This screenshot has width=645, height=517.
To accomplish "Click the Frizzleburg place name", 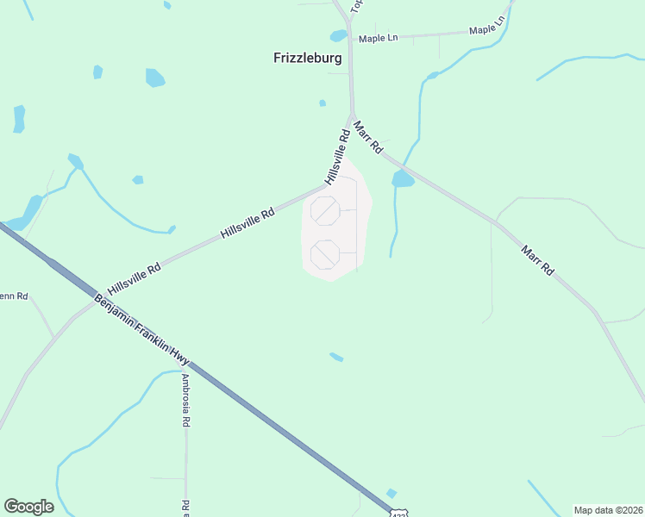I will (307, 59).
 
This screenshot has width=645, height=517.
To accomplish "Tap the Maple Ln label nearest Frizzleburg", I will (379, 38).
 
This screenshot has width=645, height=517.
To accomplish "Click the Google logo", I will (28, 507).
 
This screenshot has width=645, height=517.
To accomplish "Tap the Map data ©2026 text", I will (608, 510).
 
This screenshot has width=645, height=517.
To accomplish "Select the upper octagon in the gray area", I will (325, 210).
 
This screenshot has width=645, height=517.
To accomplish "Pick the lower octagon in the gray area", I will (325, 254).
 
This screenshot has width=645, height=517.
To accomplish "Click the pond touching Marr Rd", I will (403, 179).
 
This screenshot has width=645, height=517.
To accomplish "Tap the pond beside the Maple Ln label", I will (338, 36).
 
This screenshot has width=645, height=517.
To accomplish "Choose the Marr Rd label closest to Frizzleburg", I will (368, 136).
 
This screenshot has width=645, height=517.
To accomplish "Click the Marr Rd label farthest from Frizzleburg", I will (537, 260).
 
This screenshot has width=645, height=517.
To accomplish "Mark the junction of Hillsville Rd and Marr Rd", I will (351, 116).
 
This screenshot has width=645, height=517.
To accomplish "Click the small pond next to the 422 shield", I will (391, 494).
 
